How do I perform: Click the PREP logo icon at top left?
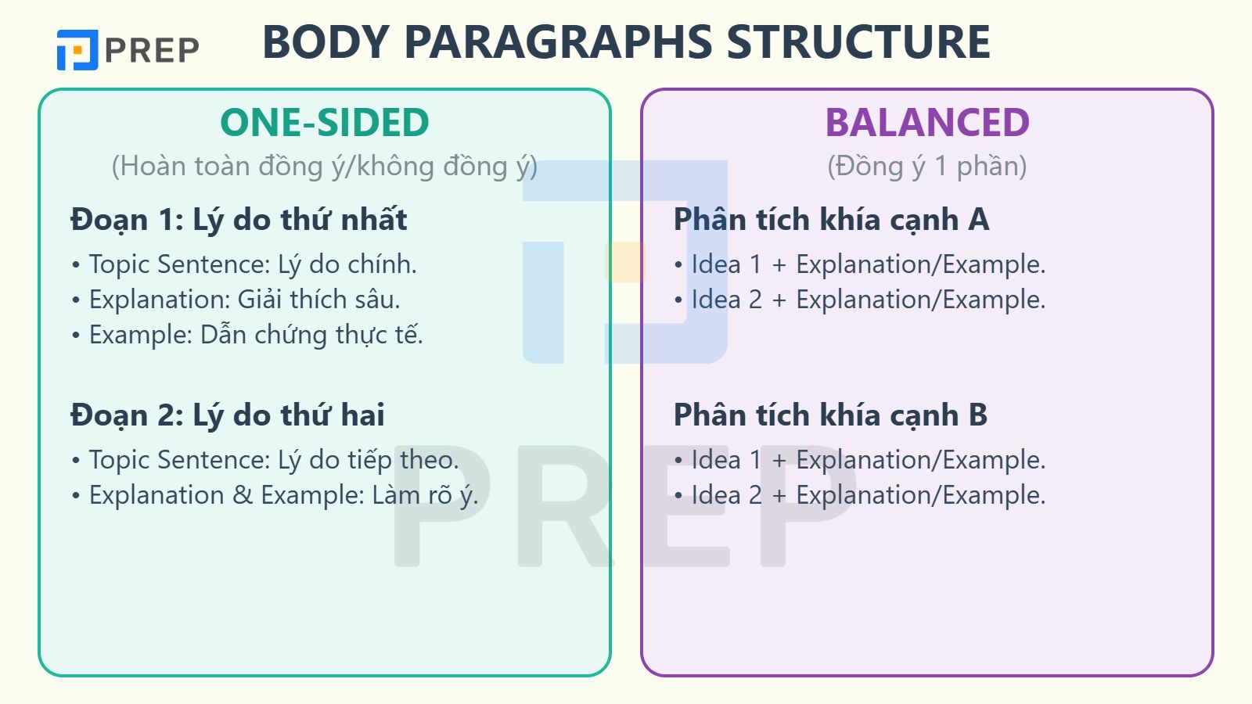click(x=77, y=50)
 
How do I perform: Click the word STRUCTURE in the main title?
click(x=858, y=42)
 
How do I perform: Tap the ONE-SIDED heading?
click(x=325, y=122)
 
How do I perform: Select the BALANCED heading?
click(x=927, y=122)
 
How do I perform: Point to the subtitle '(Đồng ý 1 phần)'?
click(x=927, y=166)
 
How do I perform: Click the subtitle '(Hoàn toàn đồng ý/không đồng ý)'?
click(x=325, y=166)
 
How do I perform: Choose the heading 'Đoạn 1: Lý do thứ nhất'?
click(x=239, y=220)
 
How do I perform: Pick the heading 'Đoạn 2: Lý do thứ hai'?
click(x=228, y=415)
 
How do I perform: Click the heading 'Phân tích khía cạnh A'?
click(x=832, y=220)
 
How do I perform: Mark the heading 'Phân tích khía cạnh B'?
click(x=830, y=415)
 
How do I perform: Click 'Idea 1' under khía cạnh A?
click(x=727, y=264)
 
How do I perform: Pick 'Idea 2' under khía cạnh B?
click(x=727, y=495)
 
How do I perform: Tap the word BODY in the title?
click(x=326, y=42)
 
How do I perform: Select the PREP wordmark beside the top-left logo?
click(x=152, y=50)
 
